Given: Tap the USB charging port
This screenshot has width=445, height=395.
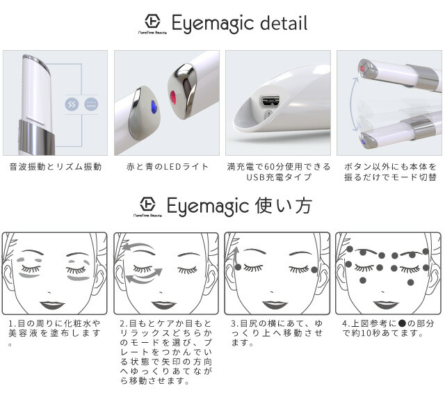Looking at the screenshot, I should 270,102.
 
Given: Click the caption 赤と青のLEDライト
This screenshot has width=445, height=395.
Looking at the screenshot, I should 167,167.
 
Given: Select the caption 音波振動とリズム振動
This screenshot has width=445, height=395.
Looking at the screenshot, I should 56,167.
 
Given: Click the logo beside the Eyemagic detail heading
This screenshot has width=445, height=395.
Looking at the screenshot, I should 152,22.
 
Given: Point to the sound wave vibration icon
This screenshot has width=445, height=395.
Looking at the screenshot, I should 72,104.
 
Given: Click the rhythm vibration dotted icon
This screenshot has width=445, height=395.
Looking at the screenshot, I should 91,104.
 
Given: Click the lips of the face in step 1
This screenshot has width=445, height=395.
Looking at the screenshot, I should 52,304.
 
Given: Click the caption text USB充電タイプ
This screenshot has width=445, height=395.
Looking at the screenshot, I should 278,177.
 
